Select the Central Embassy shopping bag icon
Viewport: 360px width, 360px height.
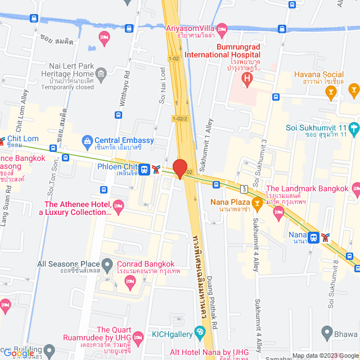[87, 140]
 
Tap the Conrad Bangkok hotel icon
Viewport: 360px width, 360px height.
[131, 280]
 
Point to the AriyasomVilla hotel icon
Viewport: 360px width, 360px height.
[222, 28]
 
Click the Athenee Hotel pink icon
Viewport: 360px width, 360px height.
[118, 205]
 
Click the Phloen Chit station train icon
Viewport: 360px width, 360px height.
[145, 169]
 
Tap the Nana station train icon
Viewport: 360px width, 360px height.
[315, 237]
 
